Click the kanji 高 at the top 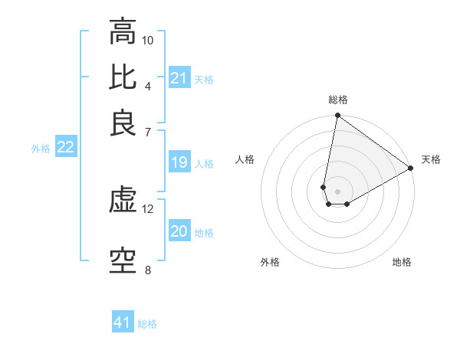tap(123, 31)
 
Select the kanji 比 tap(123, 77)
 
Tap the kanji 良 tap(123, 123)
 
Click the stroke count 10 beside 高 tap(148, 40)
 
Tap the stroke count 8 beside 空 tap(148, 270)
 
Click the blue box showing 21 tap(179, 78)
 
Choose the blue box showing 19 tap(179, 162)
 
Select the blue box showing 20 tap(179, 232)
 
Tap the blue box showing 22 tap(65, 148)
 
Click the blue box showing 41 tap(123, 322)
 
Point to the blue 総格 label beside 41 tap(147, 324)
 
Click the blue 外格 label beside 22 tap(41, 149)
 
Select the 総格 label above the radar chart tap(337, 100)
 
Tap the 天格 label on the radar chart tap(431, 159)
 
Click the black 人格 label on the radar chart tap(245, 159)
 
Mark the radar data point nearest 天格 tap(411, 169)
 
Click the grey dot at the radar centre tap(337, 191)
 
